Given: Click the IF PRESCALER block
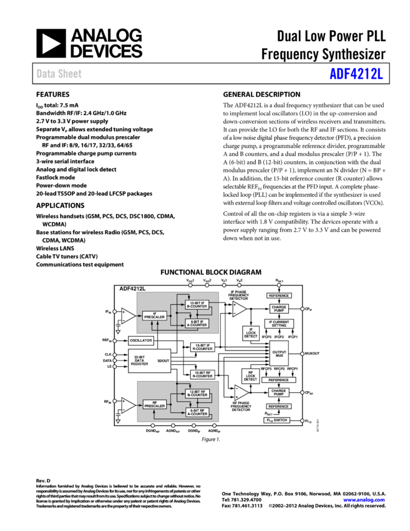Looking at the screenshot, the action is click(x=155, y=316).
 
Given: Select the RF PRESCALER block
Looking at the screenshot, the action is click(x=155, y=404).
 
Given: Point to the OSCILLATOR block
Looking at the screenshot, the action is click(x=141, y=340).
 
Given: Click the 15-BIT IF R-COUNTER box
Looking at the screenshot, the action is click(x=203, y=347).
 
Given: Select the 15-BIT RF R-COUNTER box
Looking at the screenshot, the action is click(x=203, y=374).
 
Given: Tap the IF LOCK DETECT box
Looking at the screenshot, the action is click(x=251, y=333).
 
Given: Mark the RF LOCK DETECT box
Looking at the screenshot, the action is click(x=251, y=376).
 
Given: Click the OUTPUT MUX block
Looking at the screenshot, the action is click(x=279, y=353).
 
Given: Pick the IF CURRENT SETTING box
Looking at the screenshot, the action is click(x=279, y=324).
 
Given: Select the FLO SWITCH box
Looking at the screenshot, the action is click(x=276, y=420).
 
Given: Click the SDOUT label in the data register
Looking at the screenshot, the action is click(x=163, y=361).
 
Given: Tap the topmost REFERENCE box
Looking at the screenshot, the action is click(x=279, y=295).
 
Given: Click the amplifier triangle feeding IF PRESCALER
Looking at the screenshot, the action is click(x=127, y=316).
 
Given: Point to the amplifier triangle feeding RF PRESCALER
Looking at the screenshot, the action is click(x=127, y=404).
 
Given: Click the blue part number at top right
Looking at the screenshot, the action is click(x=356, y=74).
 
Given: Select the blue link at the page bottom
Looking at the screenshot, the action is click(x=364, y=500).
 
